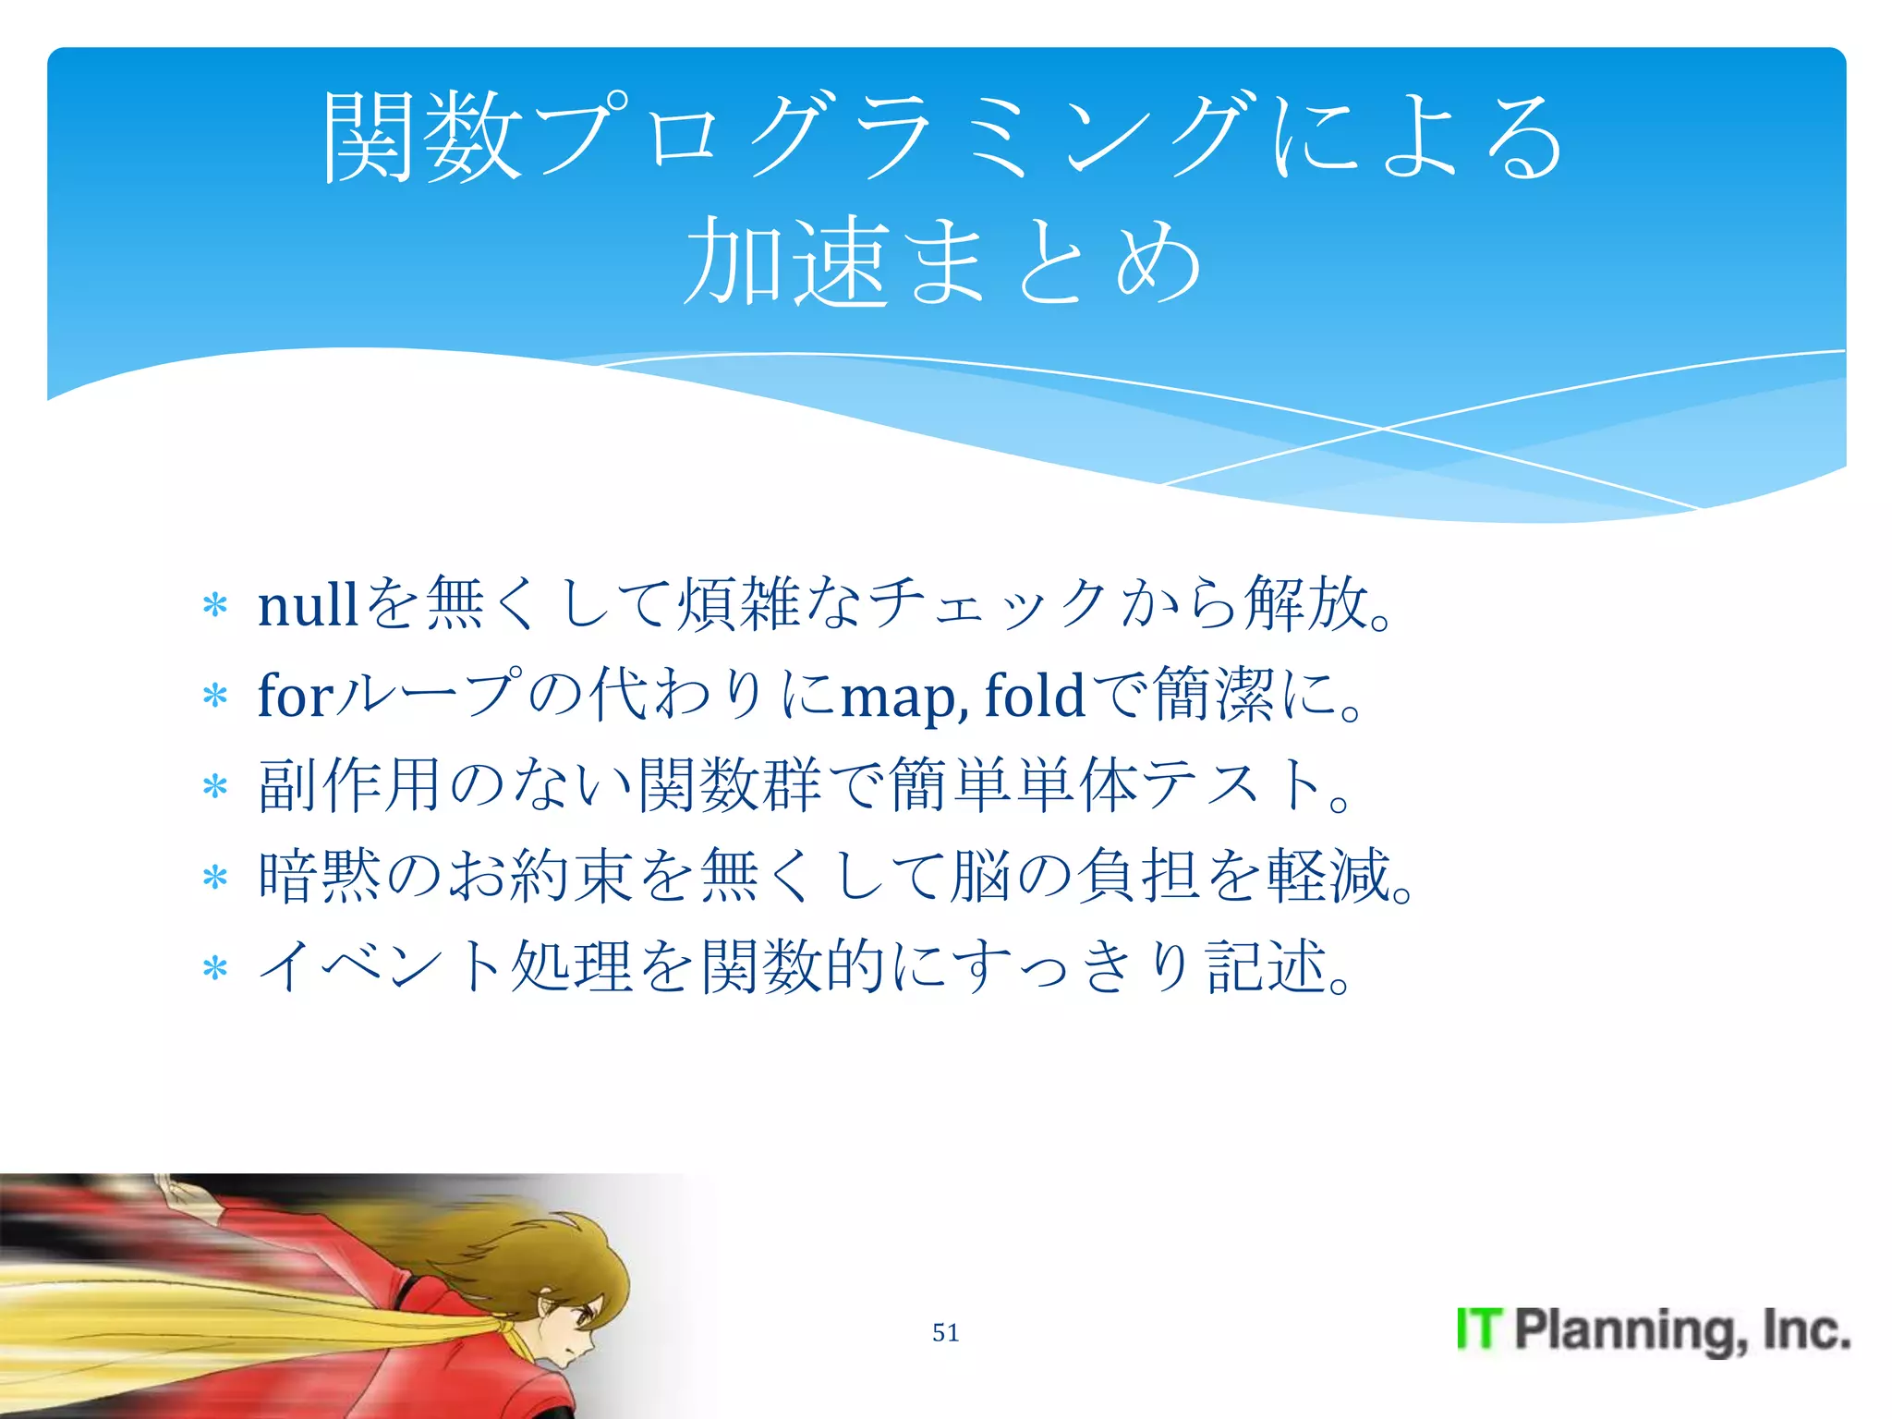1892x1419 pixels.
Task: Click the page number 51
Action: pyautogui.click(x=945, y=1332)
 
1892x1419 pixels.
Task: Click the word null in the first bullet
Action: pyautogui.click(x=307, y=606)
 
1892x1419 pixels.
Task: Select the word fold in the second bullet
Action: pyautogui.click(x=1034, y=696)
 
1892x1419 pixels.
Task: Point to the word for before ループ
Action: pyautogui.click(x=295, y=696)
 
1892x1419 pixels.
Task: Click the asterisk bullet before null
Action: pyautogui.click(x=215, y=607)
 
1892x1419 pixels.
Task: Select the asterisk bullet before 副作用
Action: pyautogui.click(x=215, y=787)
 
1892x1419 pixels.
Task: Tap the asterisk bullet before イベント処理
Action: pyautogui.click(x=215, y=969)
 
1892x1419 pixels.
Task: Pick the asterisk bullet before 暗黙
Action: pyautogui.click(x=215, y=878)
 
